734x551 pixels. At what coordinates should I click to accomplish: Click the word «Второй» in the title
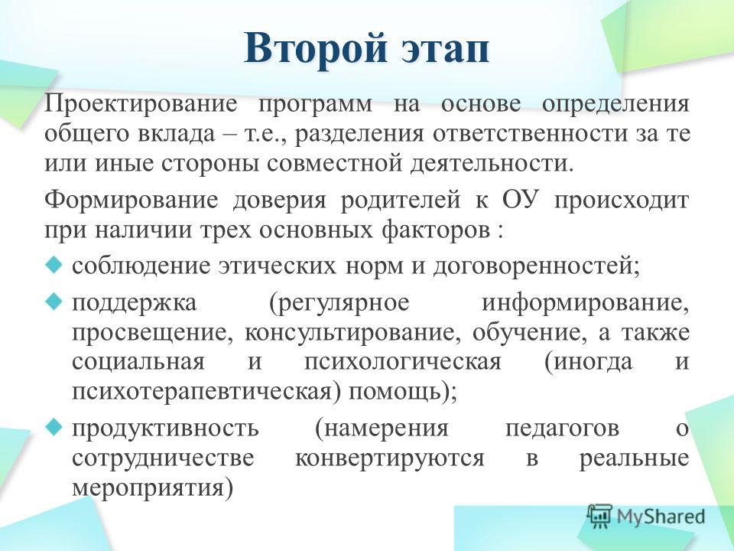[316, 47]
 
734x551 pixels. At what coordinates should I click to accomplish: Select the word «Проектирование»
[141, 104]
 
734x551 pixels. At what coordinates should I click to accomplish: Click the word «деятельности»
[491, 163]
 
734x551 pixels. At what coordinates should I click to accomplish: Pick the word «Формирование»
[132, 201]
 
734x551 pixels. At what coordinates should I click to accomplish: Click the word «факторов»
[435, 231]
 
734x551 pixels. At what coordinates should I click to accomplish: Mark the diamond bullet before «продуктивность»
[54, 426]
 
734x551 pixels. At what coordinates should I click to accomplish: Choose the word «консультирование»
[349, 334]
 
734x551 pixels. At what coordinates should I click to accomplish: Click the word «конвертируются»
[389, 458]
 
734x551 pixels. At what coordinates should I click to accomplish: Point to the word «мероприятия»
[152, 488]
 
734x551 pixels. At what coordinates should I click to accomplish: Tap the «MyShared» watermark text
[661, 517]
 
